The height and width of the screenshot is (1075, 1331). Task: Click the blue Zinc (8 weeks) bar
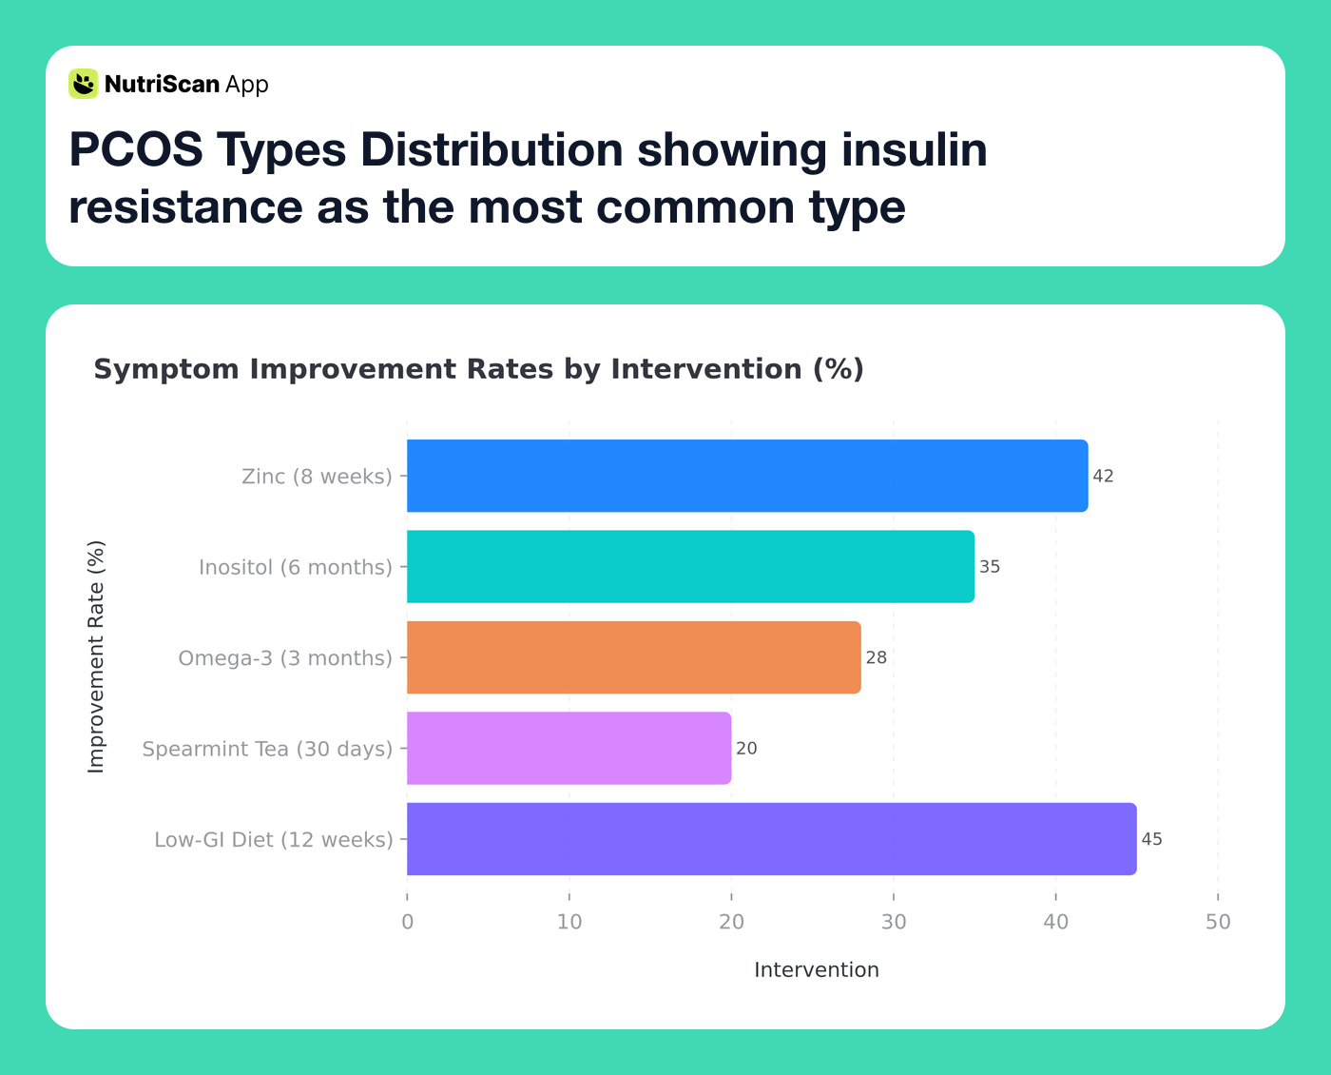point(747,476)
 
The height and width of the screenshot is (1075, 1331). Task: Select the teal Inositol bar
point(690,567)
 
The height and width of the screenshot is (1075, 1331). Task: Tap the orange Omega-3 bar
point(634,657)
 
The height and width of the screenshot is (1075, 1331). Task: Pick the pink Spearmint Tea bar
point(569,749)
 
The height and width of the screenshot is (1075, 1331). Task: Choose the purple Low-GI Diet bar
point(771,839)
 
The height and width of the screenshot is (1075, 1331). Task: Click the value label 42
point(1103,477)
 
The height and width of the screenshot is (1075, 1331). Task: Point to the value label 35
point(990,567)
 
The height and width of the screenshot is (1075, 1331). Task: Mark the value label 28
point(876,658)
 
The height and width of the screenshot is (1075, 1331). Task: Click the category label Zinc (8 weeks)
point(317,477)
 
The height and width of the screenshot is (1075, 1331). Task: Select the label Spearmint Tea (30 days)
point(267,750)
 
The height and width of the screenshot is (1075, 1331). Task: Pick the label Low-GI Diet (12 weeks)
point(274,840)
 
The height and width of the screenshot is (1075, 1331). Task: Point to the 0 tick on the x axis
point(407,922)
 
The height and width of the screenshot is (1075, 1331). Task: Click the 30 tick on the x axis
point(894,922)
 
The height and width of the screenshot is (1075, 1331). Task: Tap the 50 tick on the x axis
point(1218,922)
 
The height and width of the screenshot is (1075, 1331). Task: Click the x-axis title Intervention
point(816,970)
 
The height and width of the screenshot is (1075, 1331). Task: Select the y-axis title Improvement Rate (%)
point(96,657)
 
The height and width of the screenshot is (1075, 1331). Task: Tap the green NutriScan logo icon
point(84,84)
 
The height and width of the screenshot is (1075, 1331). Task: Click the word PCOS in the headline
point(135,150)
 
